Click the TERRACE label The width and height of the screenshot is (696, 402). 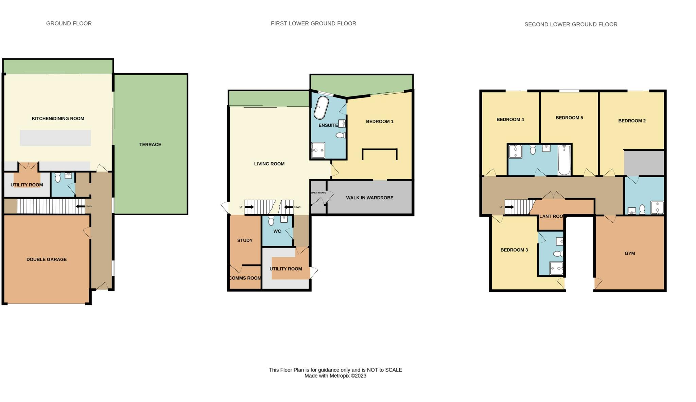click(150, 145)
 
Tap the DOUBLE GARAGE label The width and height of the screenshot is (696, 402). click(47, 259)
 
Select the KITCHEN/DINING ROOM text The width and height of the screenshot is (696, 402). click(58, 118)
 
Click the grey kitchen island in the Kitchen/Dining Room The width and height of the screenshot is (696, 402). click(55, 138)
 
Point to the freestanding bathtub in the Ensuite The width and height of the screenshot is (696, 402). click(321, 108)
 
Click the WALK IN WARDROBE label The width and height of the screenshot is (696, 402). click(369, 198)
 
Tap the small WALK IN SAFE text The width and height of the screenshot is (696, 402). click(318, 193)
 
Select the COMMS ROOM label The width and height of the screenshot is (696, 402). click(245, 278)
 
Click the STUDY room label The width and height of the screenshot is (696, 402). click(245, 240)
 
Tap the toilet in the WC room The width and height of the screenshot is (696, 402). click(271, 221)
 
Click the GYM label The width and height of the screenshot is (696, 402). click(629, 253)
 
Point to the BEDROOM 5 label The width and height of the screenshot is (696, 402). click(569, 118)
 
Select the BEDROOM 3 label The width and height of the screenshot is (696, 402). click(514, 250)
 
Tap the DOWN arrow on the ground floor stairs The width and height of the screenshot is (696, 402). click(80, 206)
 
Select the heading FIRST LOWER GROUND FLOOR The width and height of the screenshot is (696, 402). click(313, 23)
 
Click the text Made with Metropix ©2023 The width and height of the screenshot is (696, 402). click(335, 376)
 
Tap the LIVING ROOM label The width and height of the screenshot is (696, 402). click(269, 164)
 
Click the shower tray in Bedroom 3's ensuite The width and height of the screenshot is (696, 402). click(556, 268)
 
